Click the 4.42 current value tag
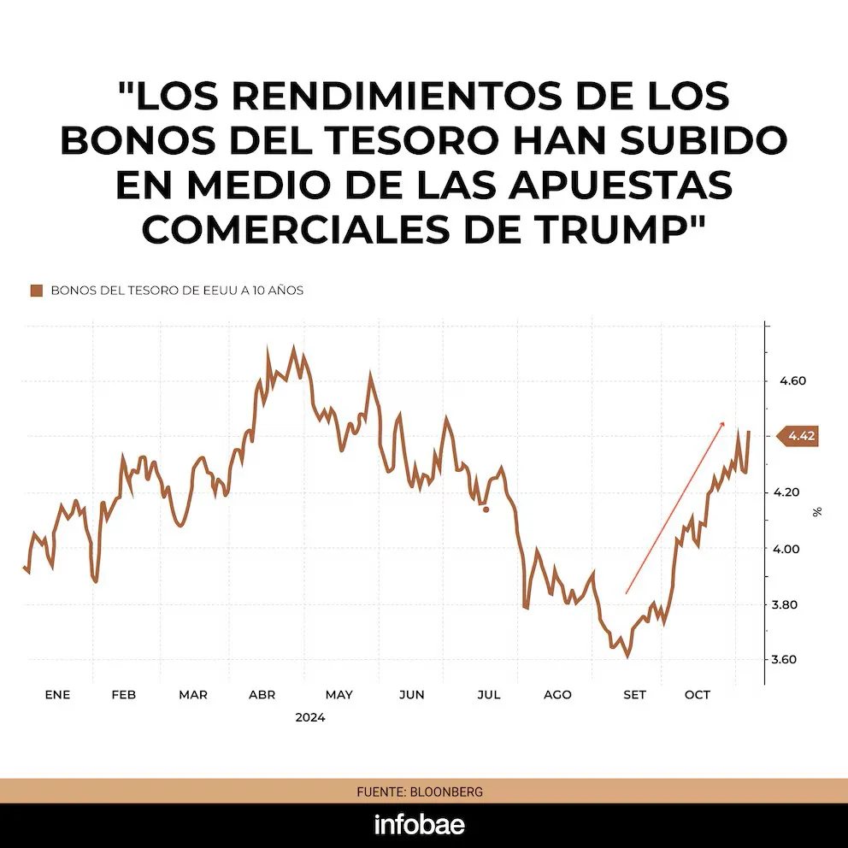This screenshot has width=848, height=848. pyautogui.click(x=801, y=437)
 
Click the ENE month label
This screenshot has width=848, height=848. pyautogui.click(x=57, y=695)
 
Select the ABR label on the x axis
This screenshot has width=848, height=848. pyautogui.click(x=262, y=695)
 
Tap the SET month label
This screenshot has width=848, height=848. pyautogui.click(x=634, y=695)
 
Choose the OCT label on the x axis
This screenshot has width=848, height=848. pyautogui.click(x=698, y=695)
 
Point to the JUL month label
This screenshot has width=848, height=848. pyautogui.click(x=488, y=695)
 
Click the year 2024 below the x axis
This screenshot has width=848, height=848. pyautogui.click(x=310, y=718)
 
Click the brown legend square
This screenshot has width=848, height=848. pyautogui.click(x=36, y=291)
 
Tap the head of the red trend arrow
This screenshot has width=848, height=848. pyautogui.click(x=722, y=423)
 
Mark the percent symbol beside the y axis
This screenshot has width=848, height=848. pyautogui.click(x=817, y=512)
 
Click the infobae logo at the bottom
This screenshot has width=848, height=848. pyautogui.click(x=420, y=825)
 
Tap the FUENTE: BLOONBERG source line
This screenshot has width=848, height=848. pyautogui.click(x=420, y=792)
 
